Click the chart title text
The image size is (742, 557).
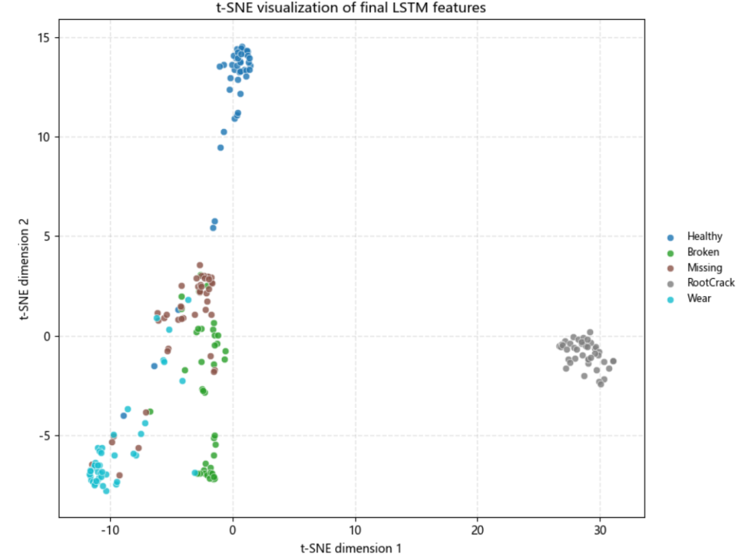(x=350, y=8)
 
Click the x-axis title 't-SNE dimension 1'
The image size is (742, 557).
(x=350, y=548)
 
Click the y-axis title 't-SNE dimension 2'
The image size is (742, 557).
(x=24, y=269)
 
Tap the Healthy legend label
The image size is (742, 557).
(x=705, y=236)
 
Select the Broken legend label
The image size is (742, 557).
(x=704, y=252)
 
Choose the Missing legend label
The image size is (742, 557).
(x=705, y=267)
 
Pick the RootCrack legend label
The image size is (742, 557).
(x=711, y=282)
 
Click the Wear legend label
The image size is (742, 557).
(x=699, y=298)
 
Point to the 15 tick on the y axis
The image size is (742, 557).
(x=43, y=37)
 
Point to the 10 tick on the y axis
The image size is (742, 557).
(x=43, y=137)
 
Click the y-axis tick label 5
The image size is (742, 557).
(x=47, y=236)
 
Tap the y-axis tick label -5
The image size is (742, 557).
(x=44, y=435)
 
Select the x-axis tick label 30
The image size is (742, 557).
(x=600, y=530)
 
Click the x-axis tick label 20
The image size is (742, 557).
(x=477, y=530)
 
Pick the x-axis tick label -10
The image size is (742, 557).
(x=109, y=530)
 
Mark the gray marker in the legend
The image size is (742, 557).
(x=670, y=284)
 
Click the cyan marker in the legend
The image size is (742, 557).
(x=670, y=299)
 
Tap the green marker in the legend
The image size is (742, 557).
(x=670, y=253)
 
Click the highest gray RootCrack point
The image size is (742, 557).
(x=589, y=332)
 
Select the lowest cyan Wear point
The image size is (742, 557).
(x=106, y=491)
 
